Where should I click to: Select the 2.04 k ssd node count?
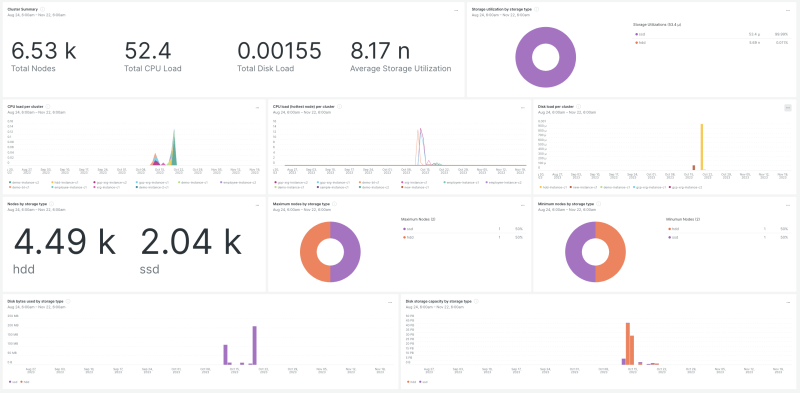click(190, 242)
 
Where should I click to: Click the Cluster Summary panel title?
click(22, 8)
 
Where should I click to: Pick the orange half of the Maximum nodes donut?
click(315, 247)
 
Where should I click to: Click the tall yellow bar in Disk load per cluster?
click(701, 147)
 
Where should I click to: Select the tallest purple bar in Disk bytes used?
click(254, 346)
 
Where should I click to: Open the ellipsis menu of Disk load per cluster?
click(787, 107)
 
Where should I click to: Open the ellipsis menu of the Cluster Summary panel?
click(456, 9)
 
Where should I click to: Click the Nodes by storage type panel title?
click(28, 203)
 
